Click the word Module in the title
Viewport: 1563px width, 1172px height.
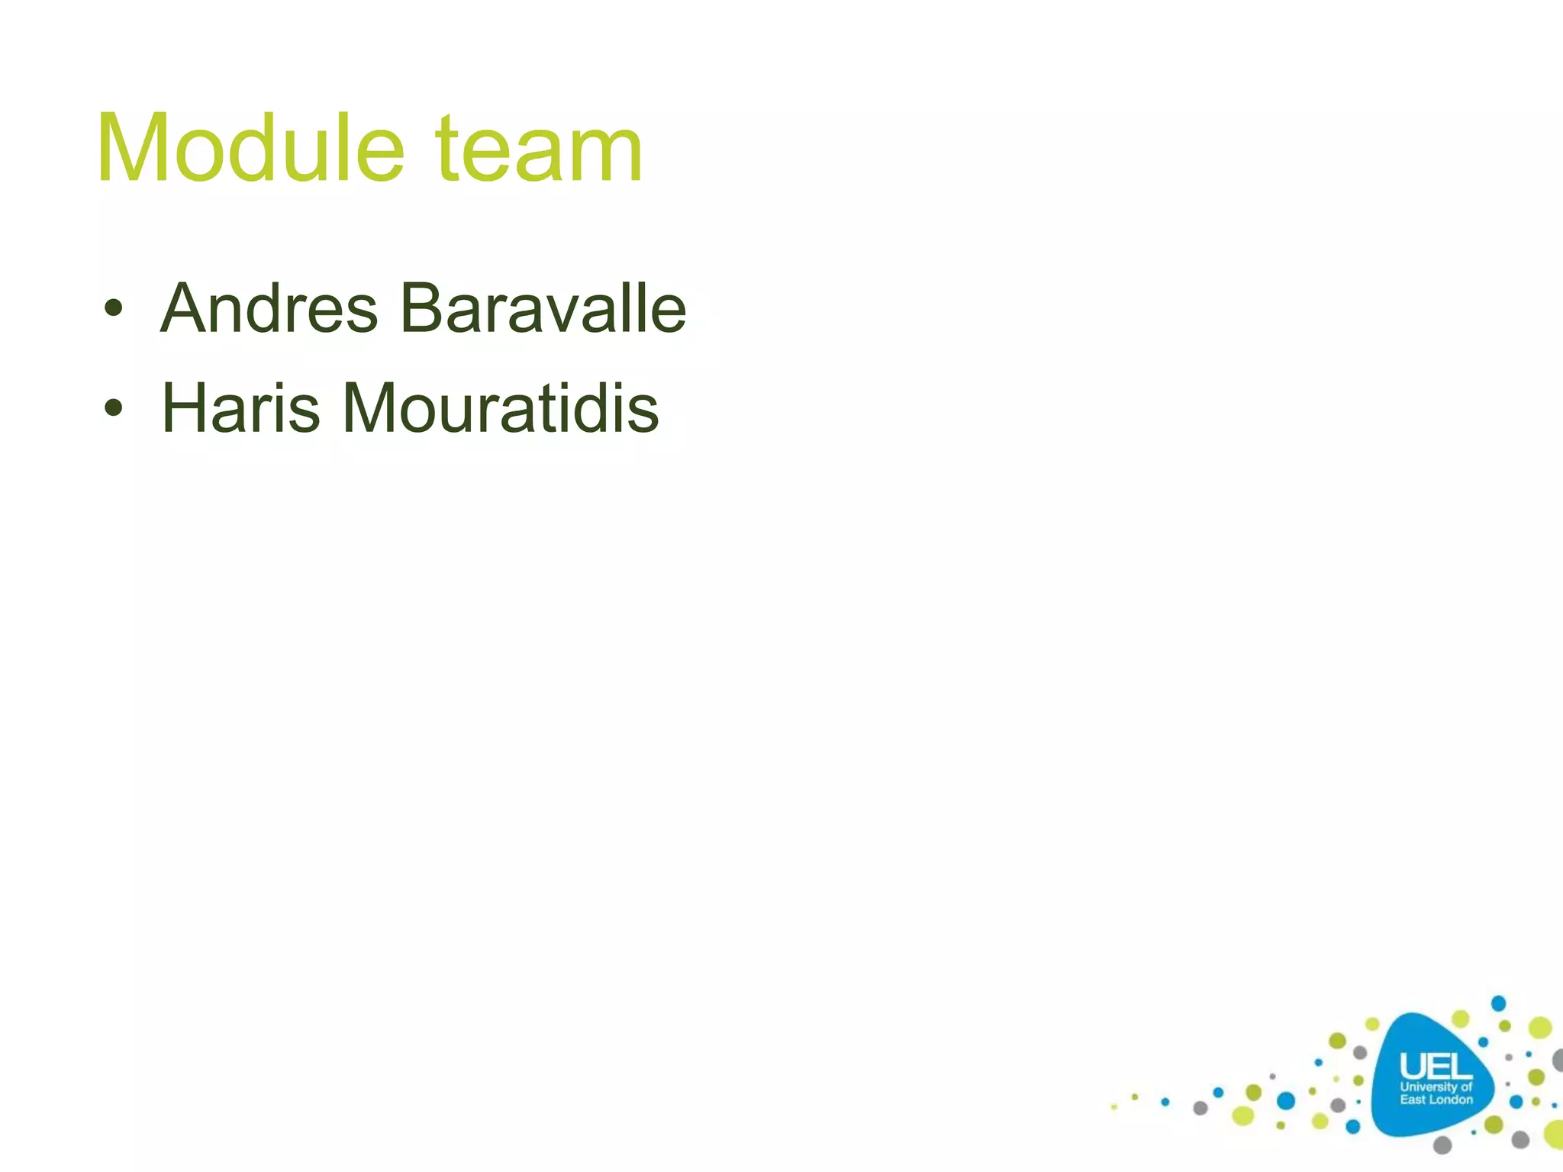250,149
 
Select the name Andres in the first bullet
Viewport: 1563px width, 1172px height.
269,309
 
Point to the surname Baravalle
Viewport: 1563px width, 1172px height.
543,308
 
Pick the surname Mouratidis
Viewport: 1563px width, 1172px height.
501,409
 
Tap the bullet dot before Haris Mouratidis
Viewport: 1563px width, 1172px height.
114,409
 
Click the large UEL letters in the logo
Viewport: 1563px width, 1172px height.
1436,1066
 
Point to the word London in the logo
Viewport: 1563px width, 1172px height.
1449,1100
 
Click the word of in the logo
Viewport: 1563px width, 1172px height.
1466,1087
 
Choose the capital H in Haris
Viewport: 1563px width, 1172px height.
184,409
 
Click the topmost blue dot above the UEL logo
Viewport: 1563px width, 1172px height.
1498,1003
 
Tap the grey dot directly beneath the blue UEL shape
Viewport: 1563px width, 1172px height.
1442,1145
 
